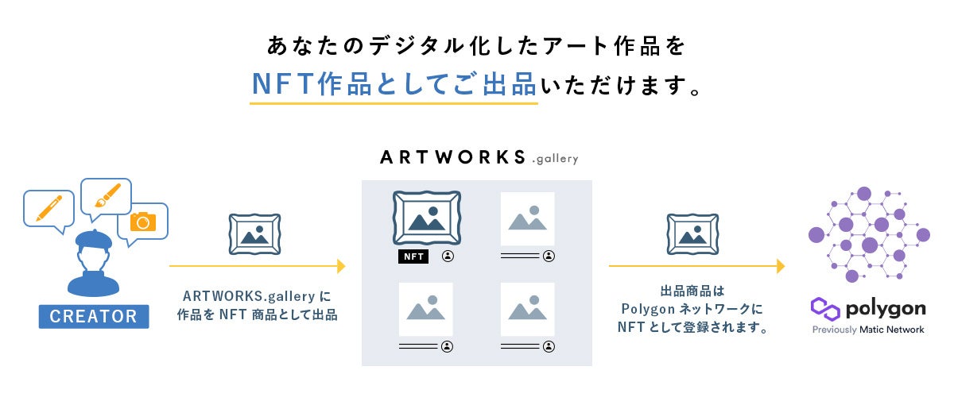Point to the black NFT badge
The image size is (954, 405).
(413, 256)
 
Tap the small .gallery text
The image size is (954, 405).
(555, 159)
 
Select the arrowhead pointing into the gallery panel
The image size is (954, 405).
(341, 266)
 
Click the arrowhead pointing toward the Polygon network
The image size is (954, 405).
(781, 266)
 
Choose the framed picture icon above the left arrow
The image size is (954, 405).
(254, 233)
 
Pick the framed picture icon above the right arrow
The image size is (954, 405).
(692, 233)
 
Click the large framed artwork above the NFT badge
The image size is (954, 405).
(427, 218)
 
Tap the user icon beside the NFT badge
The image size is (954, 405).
(448, 256)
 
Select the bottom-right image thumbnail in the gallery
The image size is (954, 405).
(527, 309)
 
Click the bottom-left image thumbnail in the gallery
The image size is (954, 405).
(425, 309)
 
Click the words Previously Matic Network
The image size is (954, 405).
(868, 330)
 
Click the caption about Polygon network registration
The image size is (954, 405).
(692, 309)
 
